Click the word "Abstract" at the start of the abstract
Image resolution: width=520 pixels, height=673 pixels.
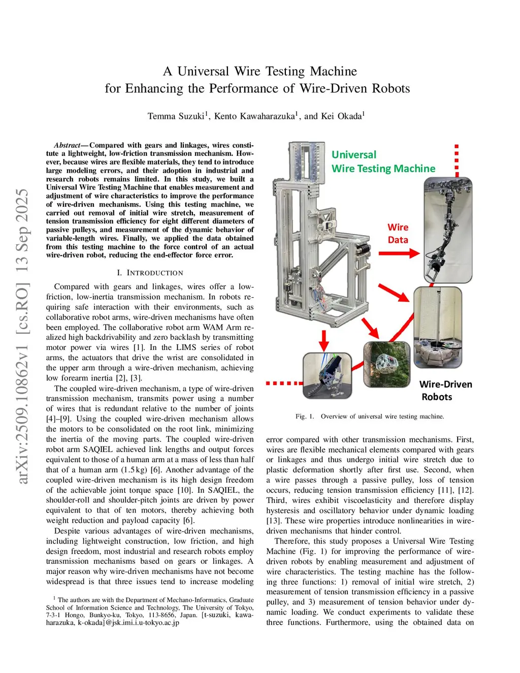tap(67, 145)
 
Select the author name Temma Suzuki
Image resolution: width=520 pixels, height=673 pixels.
tap(176, 116)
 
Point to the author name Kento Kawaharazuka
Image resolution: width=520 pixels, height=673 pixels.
tap(254, 116)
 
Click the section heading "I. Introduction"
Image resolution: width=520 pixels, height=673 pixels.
tap(150, 273)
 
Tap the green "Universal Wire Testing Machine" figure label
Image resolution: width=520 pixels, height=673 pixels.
tap(383, 162)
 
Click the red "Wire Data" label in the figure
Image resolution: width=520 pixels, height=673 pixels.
tap(398, 234)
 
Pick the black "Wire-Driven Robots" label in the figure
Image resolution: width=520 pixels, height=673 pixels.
tap(445, 391)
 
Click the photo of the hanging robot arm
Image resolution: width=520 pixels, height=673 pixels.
tap(448, 230)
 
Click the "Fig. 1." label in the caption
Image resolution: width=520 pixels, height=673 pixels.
tap(305, 416)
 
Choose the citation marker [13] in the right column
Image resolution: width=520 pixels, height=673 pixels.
tap(274, 521)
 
